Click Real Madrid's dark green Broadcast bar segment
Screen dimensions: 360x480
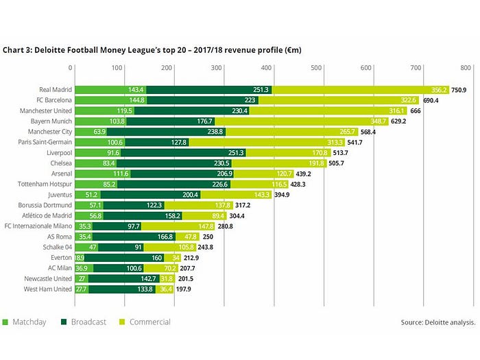tap(209, 90)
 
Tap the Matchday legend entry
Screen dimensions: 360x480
tap(25, 322)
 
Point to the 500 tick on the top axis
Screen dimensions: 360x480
tap(317, 68)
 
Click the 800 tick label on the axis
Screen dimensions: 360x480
tap(466, 68)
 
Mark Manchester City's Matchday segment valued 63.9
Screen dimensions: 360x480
tap(91, 132)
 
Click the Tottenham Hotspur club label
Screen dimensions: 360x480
tap(43, 184)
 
